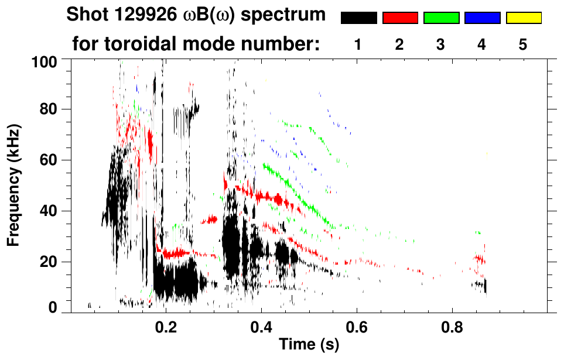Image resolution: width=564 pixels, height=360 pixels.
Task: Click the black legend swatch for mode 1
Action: coord(358,18)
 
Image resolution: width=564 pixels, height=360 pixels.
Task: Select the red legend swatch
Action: coord(400,18)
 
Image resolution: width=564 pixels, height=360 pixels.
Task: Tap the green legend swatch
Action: coord(441,18)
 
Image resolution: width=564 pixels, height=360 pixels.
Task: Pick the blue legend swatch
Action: coord(482,18)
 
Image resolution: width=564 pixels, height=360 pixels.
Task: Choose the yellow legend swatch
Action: coord(523,18)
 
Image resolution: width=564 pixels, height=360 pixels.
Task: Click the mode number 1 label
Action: coord(358,45)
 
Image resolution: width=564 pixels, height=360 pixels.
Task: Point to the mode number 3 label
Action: coord(441,45)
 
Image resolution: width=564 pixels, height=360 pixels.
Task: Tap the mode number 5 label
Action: coord(523,45)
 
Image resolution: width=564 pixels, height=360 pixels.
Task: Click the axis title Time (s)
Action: coord(309,345)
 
